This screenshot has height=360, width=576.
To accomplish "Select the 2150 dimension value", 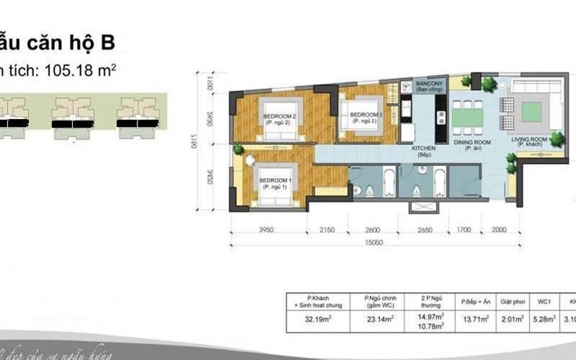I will point(327,230).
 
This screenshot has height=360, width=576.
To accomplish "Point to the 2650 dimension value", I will point(422,230).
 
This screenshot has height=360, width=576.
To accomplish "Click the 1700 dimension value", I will point(464,230).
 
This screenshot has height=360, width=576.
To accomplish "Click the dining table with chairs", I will point(469,114).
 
